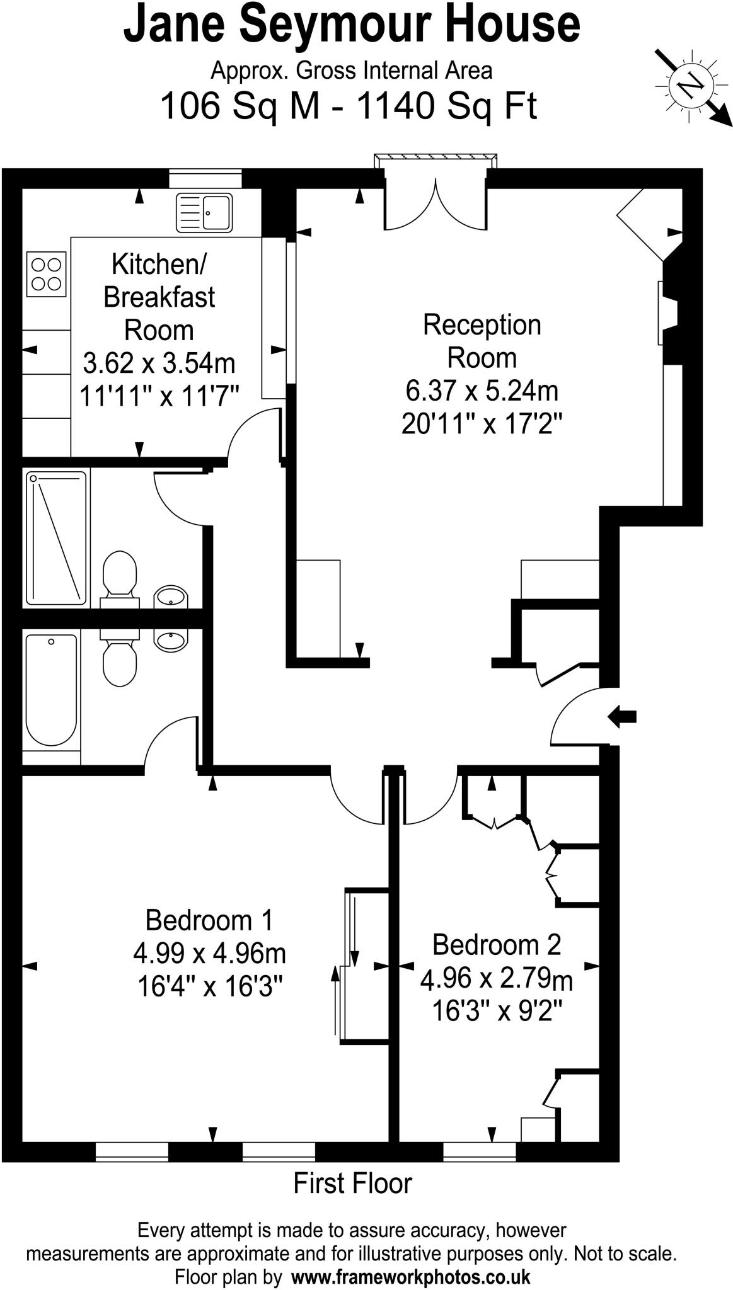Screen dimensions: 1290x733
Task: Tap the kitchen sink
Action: pyautogui.click(x=204, y=212)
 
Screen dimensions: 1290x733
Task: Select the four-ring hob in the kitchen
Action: pyautogui.click(x=46, y=274)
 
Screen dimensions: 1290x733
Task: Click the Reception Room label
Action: pyautogui.click(x=482, y=341)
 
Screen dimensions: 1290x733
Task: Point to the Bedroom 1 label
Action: pyautogui.click(x=209, y=920)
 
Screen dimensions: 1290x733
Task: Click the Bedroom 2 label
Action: pyautogui.click(x=496, y=945)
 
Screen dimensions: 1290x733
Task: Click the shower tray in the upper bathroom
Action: pyautogui.click(x=56, y=537)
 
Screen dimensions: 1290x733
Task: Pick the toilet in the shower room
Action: pyautogui.click(x=119, y=573)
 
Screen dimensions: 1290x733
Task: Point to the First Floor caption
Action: pyautogui.click(x=352, y=1183)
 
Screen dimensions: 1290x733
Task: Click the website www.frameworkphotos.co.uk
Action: pyautogui.click(x=410, y=1277)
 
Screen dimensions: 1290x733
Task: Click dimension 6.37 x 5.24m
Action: pyautogui.click(x=482, y=391)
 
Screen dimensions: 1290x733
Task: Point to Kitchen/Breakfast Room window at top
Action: pyautogui.click(x=205, y=179)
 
